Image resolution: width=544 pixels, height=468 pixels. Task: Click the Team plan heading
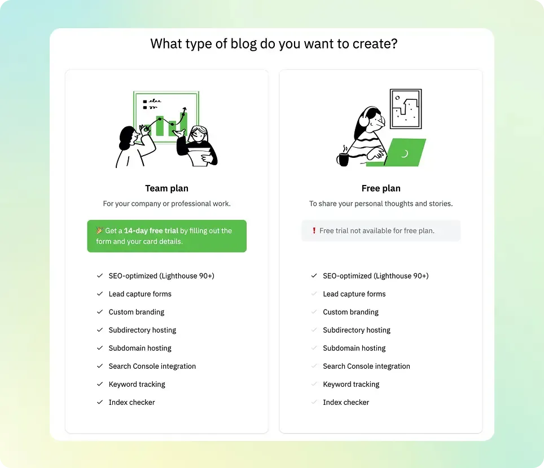click(166, 188)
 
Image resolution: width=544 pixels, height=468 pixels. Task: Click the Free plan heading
click(381, 188)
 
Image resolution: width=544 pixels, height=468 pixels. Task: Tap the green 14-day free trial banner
click(167, 236)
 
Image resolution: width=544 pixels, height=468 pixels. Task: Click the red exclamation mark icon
click(314, 231)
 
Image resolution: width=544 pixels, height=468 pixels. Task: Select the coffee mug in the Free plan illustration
click(343, 159)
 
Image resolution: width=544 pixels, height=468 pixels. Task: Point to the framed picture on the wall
click(406, 109)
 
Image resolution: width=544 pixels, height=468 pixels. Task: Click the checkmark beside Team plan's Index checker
click(100, 402)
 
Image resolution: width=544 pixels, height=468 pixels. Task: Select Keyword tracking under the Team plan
click(137, 384)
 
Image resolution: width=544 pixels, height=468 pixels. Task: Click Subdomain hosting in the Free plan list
click(354, 348)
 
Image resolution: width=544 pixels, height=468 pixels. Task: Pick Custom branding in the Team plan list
click(137, 312)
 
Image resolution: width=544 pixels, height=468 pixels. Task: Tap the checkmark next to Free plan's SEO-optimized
click(314, 276)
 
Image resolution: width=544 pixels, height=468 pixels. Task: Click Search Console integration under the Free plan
click(366, 366)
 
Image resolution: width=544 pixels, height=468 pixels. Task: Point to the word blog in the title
click(243, 44)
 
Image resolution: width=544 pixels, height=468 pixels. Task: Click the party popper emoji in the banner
click(99, 230)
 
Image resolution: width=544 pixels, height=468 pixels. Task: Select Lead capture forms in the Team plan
click(140, 294)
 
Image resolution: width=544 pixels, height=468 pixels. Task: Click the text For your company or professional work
click(166, 204)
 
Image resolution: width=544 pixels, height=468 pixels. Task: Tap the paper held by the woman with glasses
click(200, 156)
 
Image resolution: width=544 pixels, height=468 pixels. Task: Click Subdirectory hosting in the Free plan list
click(357, 330)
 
